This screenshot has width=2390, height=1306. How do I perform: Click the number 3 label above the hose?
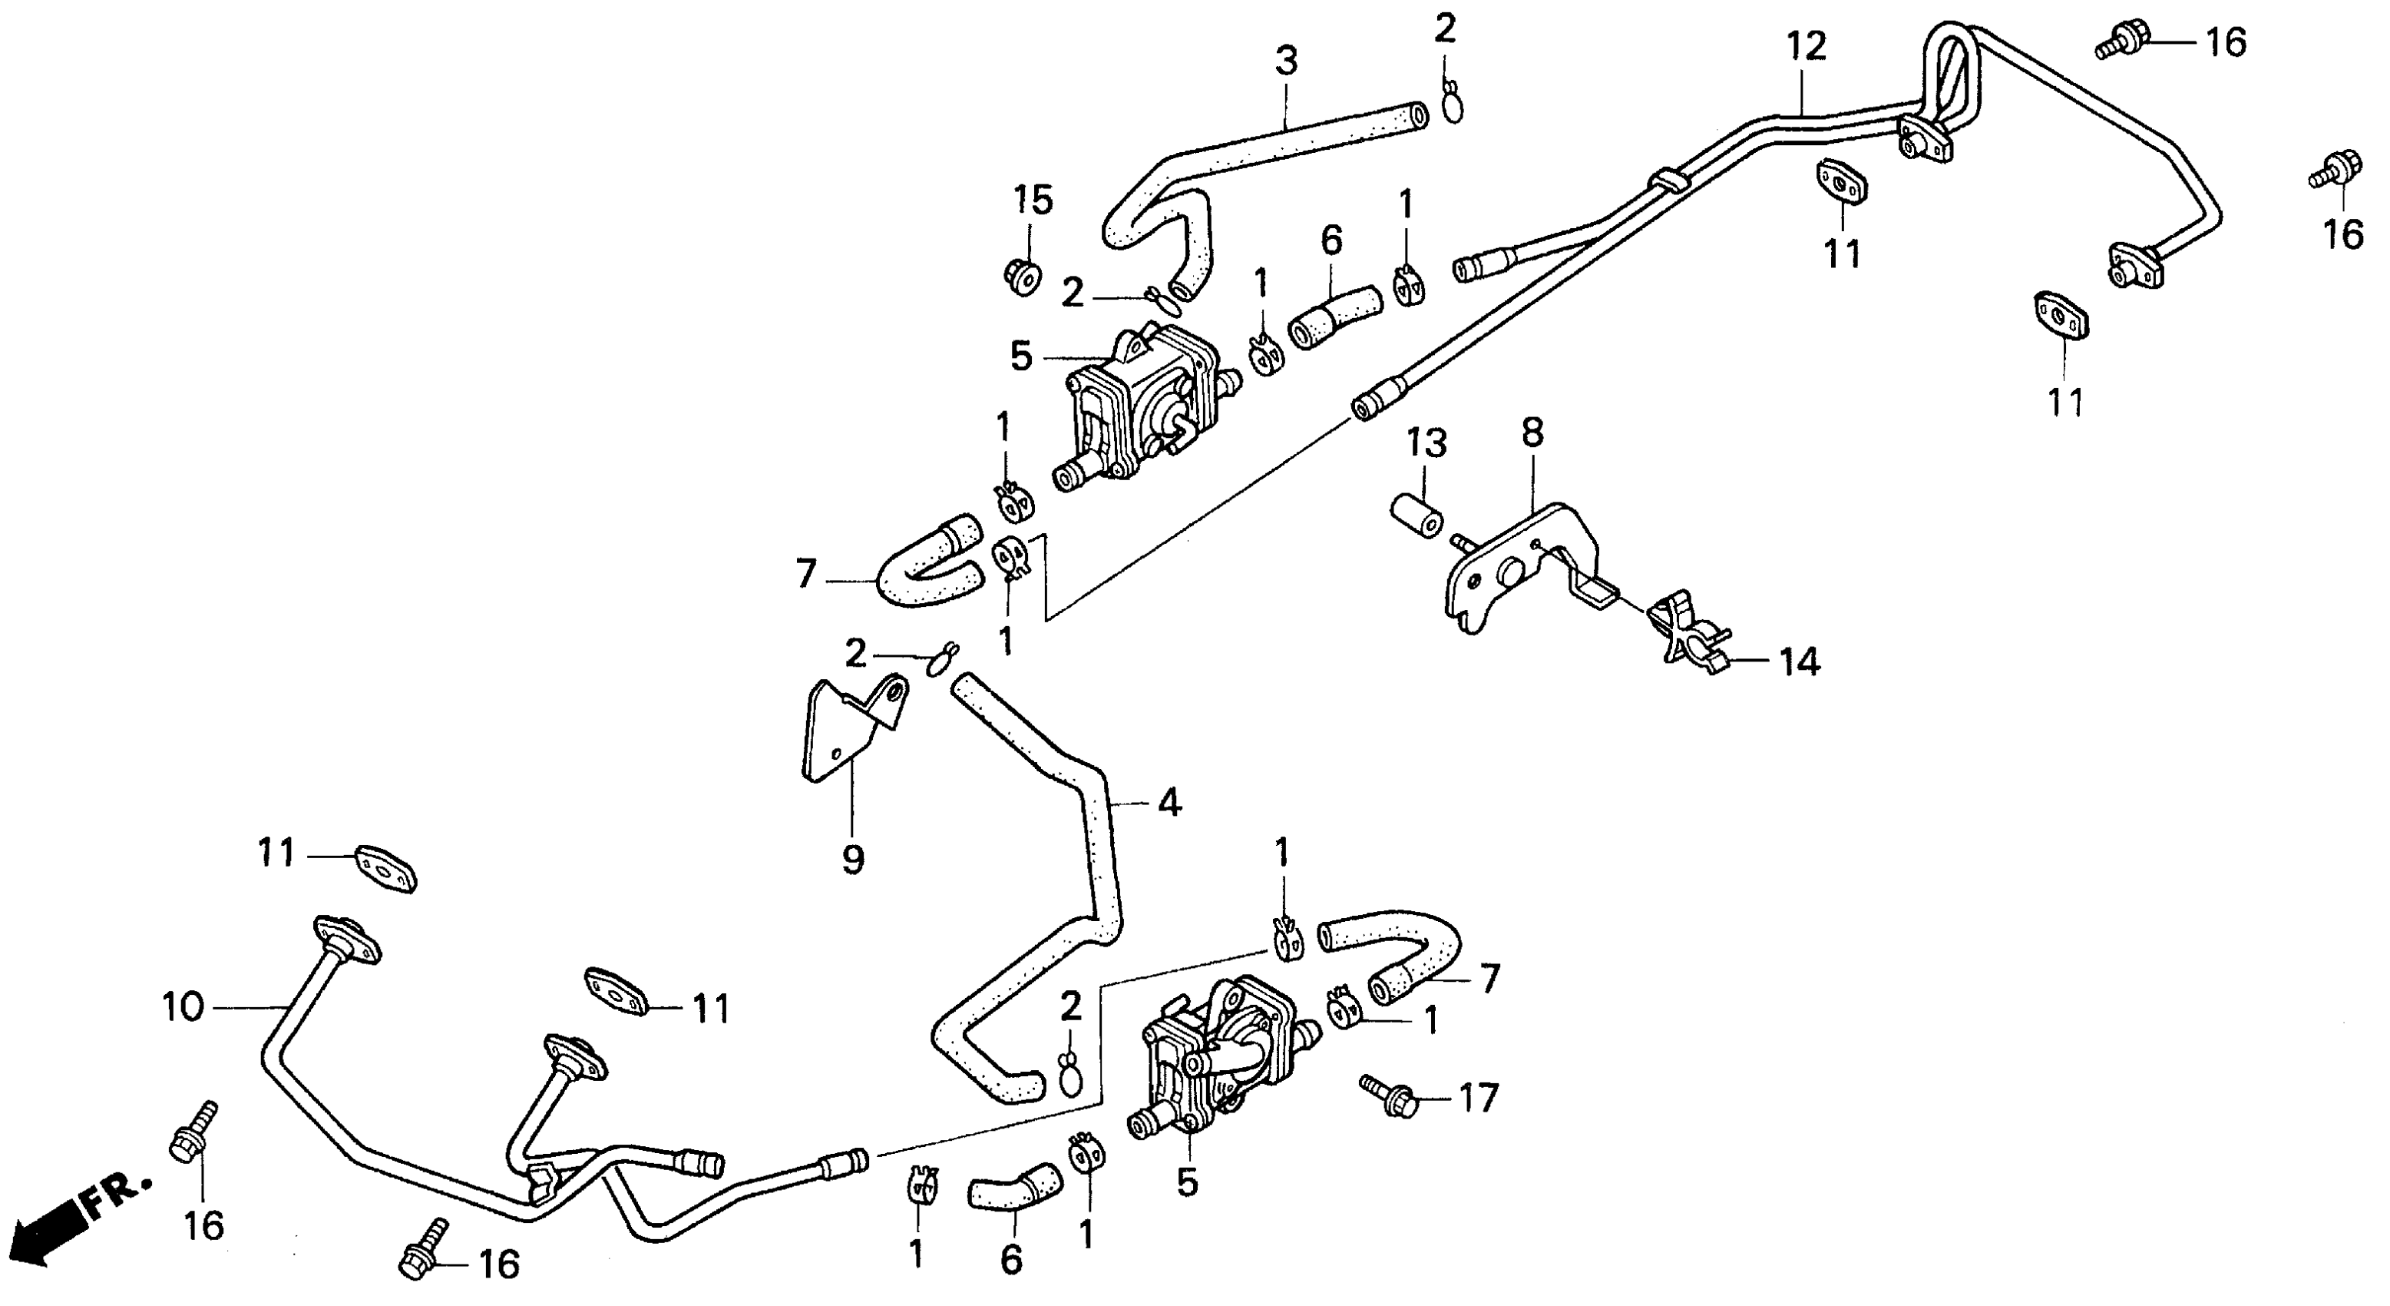[1286, 61]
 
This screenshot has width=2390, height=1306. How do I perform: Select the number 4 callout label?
[1169, 802]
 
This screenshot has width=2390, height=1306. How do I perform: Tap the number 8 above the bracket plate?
[1532, 433]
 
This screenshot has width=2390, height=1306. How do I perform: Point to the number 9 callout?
[853, 860]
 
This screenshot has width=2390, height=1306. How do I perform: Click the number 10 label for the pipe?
[183, 1007]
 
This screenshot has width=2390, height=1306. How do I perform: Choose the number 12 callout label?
[1807, 45]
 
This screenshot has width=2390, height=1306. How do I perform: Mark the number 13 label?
[1426, 444]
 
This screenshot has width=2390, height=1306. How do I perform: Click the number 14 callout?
[1799, 663]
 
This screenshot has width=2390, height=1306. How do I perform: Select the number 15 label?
[1033, 200]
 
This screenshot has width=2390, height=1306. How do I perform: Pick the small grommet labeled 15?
[1022, 275]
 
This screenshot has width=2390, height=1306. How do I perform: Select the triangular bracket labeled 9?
[849, 734]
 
